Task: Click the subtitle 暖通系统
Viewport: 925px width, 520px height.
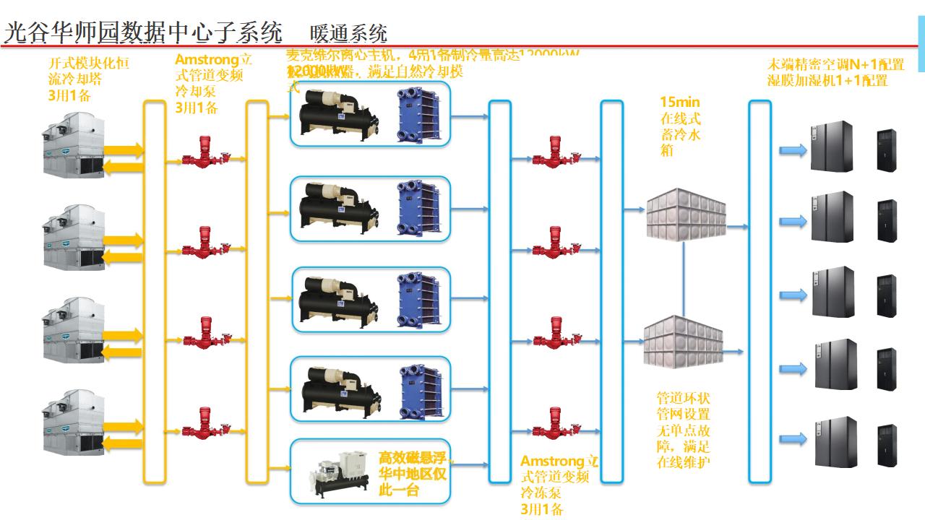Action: pyautogui.click(x=348, y=33)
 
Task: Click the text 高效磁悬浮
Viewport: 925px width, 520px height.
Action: pyautogui.click(x=415, y=458)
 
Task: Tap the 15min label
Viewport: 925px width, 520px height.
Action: pyautogui.click(x=680, y=103)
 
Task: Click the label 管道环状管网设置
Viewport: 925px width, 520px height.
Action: pyautogui.click(x=683, y=406)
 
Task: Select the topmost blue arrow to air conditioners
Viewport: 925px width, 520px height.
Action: pyautogui.click(x=793, y=150)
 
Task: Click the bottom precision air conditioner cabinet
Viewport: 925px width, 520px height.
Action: pyautogui.click(x=835, y=441)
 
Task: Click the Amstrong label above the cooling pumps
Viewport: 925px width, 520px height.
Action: pyautogui.click(x=208, y=60)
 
